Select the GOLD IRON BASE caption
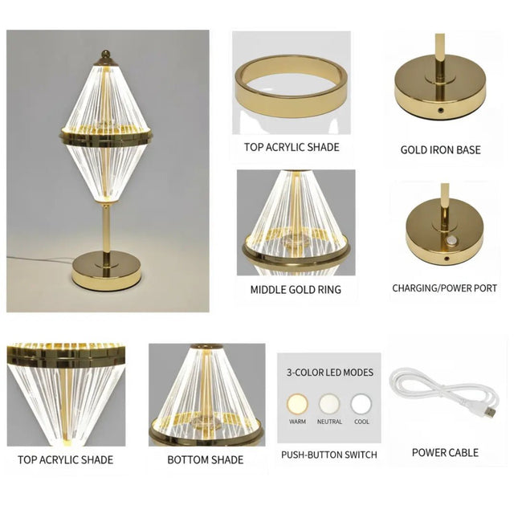(440, 150)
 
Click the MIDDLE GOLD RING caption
(296, 290)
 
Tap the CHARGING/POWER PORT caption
(444, 288)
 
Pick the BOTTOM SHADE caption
(205, 460)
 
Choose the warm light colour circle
(297, 402)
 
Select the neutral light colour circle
(329, 402)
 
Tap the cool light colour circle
(361, 402)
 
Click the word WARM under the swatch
(297, 422)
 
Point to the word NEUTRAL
(329, 422)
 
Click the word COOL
(361, 422)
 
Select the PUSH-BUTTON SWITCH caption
(328, 455)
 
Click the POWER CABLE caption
(445, 453)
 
